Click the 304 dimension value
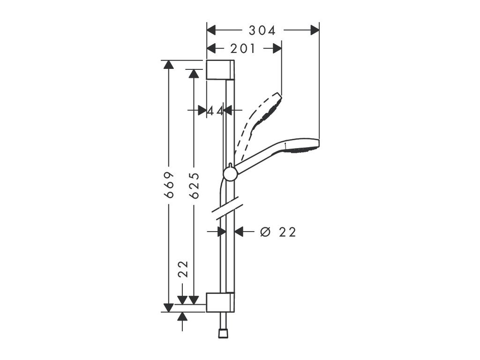[x=262, y=30]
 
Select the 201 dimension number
[x=242, y=48]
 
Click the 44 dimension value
[x=215, y=111]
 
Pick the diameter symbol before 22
[x=265, y=232]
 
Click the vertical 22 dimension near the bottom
[x=183, y=269]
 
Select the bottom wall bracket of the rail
[x=219, y=302]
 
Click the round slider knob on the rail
[x=230, y=173]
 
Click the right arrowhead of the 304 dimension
[x=314, y=30]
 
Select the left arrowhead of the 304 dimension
[x=211, y=30]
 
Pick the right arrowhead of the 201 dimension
[x=277, y=48]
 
